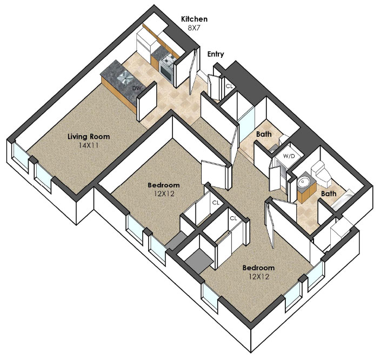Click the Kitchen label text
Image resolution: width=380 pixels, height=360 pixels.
point(194,19)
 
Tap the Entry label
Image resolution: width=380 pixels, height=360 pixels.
point(216,54)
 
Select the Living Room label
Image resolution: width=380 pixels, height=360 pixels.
point(89,136)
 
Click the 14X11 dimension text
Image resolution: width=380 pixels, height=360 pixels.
point(89,145)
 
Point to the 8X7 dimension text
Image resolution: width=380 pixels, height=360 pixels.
point(195,28)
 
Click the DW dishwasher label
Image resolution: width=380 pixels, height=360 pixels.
point(137,88)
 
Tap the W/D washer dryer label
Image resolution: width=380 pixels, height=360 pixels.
point(289,156)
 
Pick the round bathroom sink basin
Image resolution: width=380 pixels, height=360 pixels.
point(304,182)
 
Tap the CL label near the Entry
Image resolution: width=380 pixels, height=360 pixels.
point(229,86)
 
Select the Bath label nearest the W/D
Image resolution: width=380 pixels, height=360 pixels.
point(264,134)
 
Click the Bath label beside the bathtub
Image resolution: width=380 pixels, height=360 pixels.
point(329,194)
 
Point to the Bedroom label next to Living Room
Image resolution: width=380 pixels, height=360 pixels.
point(164,185)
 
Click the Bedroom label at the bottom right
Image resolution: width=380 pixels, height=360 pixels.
point(258,268)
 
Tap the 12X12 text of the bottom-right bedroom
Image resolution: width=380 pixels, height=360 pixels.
point(259,277)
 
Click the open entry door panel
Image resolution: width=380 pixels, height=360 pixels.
point(194,70)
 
